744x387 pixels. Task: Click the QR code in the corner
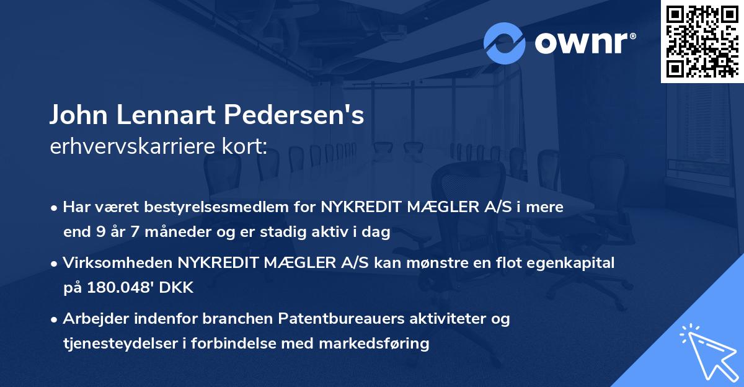(702, 42)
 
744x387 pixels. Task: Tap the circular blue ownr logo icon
(505, 43)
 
